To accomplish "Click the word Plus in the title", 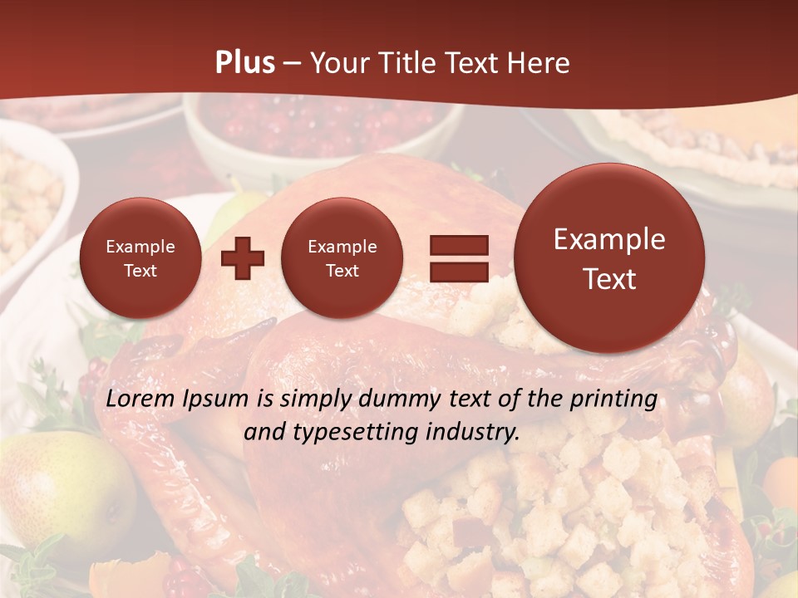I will point(244,63).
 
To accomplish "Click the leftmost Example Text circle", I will point(140,258).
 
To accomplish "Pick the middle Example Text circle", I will point(342,258).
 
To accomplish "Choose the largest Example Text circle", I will point(609,258).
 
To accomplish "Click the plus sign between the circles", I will point(242,258).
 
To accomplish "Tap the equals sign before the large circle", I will point(458,258).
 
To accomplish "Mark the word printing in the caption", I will point(613,399).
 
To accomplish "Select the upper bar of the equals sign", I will point(458,245).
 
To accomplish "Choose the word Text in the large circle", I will point(609,279).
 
